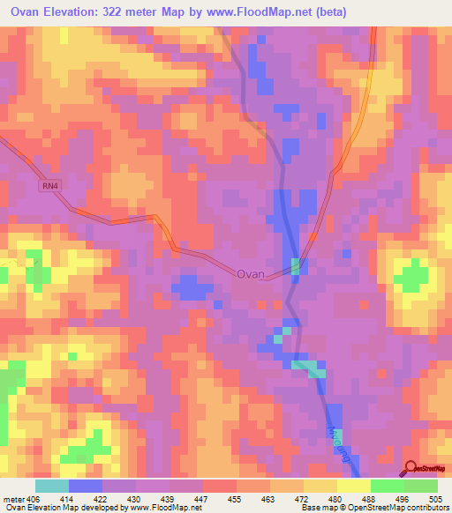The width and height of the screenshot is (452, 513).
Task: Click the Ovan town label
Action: point(251,274)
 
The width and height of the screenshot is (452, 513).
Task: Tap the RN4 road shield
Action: point(49,185)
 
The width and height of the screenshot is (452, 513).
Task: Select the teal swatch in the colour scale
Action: point(52,486)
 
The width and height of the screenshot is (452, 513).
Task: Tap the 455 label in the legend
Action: point(237,499)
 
